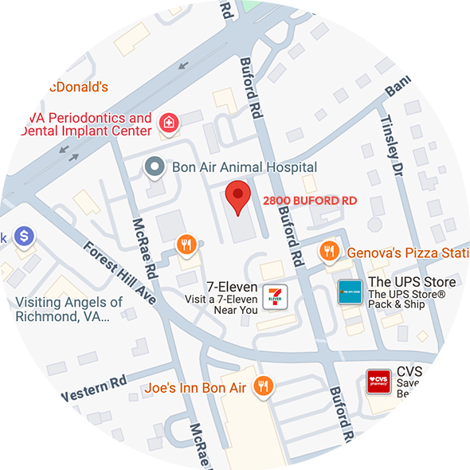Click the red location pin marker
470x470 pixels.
(x=237, y=197)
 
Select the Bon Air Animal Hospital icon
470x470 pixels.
(x=153, y=166)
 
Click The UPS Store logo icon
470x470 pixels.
(x=350, y=292)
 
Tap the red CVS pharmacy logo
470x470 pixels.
(x=378, y=381)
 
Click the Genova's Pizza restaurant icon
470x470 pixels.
(x=328, y=252)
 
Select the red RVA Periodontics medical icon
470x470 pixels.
(x=168, y=122)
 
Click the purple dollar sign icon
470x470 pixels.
(x=25, y=236)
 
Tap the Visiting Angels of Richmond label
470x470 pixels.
(x=69, y=309)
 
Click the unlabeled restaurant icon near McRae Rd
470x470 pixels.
(x=186, y=244)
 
